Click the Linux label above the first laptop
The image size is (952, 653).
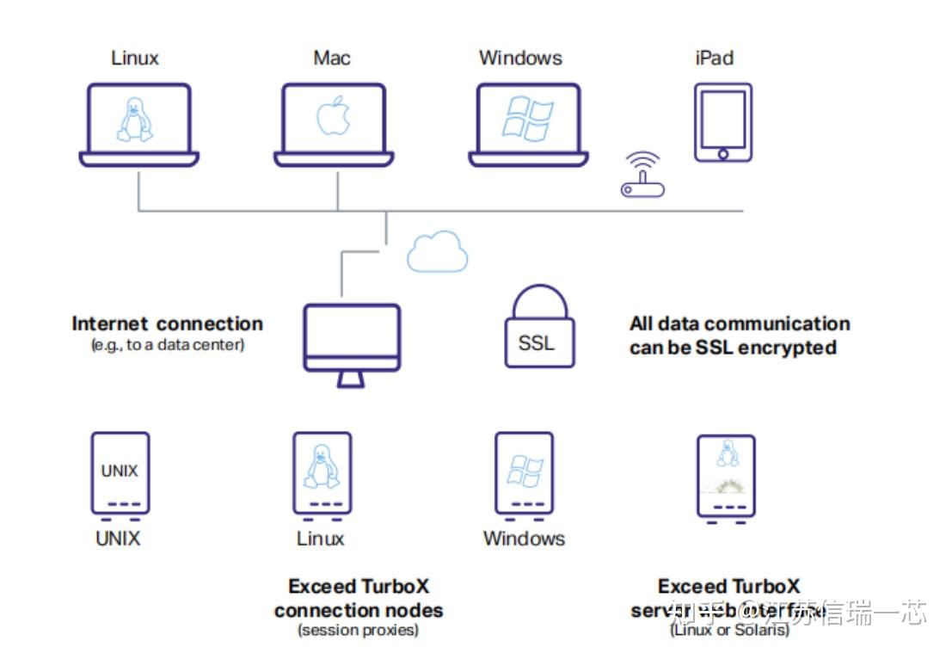tap(135, 59)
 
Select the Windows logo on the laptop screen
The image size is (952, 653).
tap(527, 118)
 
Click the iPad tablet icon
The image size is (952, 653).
tap(722, 122)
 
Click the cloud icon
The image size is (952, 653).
tap(438, 251)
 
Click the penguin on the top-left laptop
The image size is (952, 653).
tap(135, 120)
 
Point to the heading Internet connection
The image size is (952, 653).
tap(167, 324)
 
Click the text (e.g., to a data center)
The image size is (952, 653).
tap(167, 345)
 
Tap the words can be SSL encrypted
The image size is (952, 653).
tap(733, 348)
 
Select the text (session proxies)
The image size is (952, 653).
tap(358, 631)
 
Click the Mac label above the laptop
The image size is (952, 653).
tap(332, 59)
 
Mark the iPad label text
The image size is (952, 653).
tap(714, 59)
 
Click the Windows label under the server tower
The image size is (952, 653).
tap(524, 539)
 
